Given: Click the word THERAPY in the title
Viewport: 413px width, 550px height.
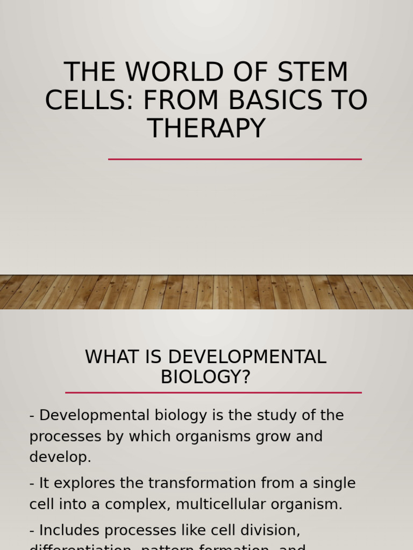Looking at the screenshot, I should (206, 128).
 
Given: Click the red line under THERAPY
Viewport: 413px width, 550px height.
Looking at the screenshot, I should (234, 159).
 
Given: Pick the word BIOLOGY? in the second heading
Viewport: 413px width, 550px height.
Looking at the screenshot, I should (206, 377).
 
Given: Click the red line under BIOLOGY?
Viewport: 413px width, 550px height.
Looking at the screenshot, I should (213, 393).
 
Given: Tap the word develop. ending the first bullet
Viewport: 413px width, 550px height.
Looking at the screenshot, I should (60, 457).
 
